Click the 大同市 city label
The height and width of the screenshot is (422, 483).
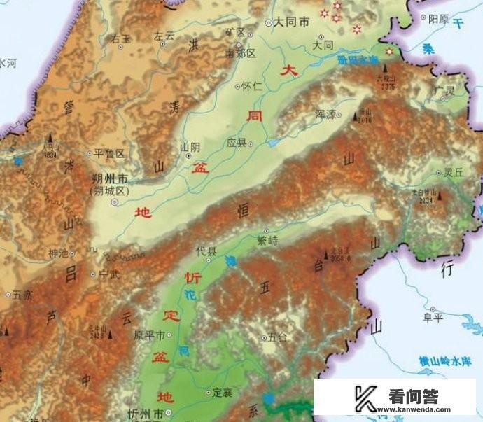(x=291, y=22)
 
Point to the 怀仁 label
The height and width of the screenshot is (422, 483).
(x=251, y=86)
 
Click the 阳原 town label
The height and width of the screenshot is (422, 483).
(x=438, y=19)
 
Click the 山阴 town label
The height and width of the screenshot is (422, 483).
(x=190, y=147)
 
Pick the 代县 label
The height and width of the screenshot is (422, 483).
(x=206, y=249)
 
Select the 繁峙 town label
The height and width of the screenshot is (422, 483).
(x=267, y=239)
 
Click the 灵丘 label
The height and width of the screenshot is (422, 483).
(x=454, y=171)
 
